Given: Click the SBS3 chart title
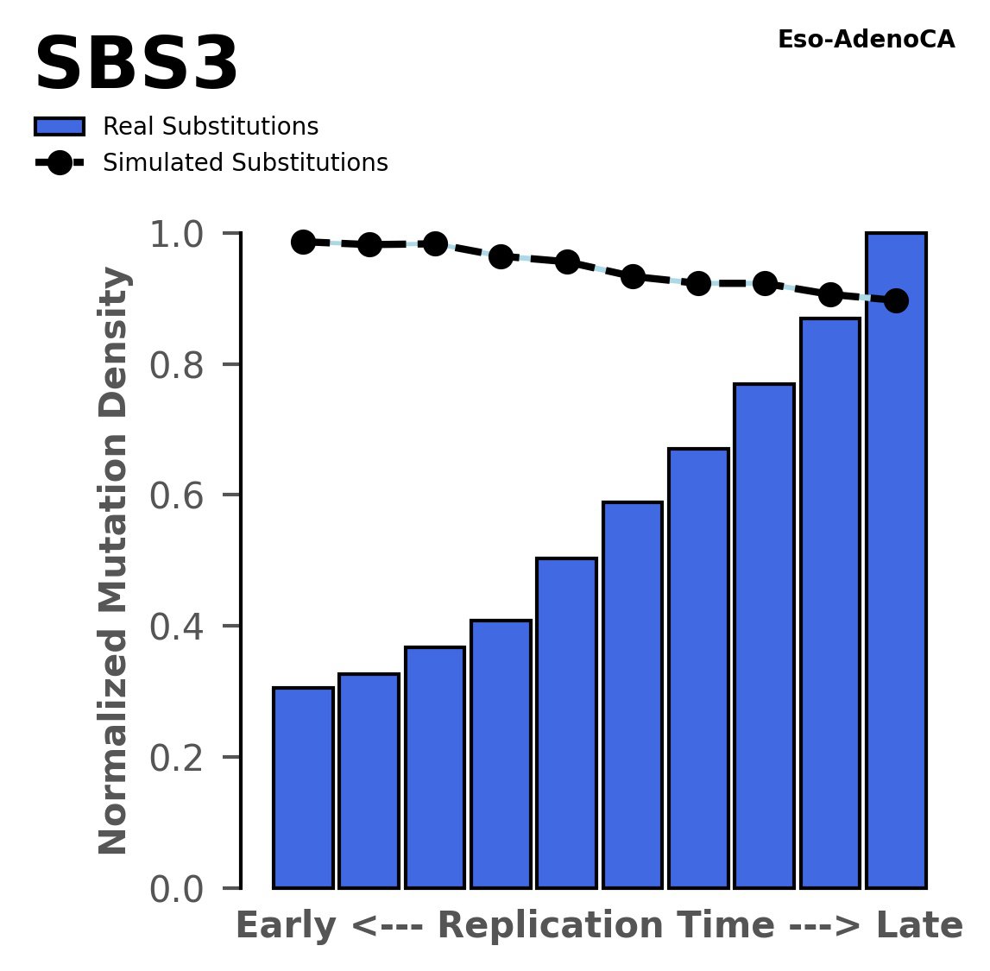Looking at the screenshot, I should [136, 66].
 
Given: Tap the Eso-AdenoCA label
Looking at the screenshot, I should [866, 40].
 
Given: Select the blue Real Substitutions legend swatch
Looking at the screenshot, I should [60, 127].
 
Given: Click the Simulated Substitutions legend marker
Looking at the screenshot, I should [60, 163].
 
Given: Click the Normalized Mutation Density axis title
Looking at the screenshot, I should [114, 561].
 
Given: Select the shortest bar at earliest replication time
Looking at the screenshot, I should [303, 787].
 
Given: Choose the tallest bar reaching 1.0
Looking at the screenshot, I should [896, 561].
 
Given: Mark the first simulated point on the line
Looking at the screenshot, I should [303, 242].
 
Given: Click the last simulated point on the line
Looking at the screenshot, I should [896, 300].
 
